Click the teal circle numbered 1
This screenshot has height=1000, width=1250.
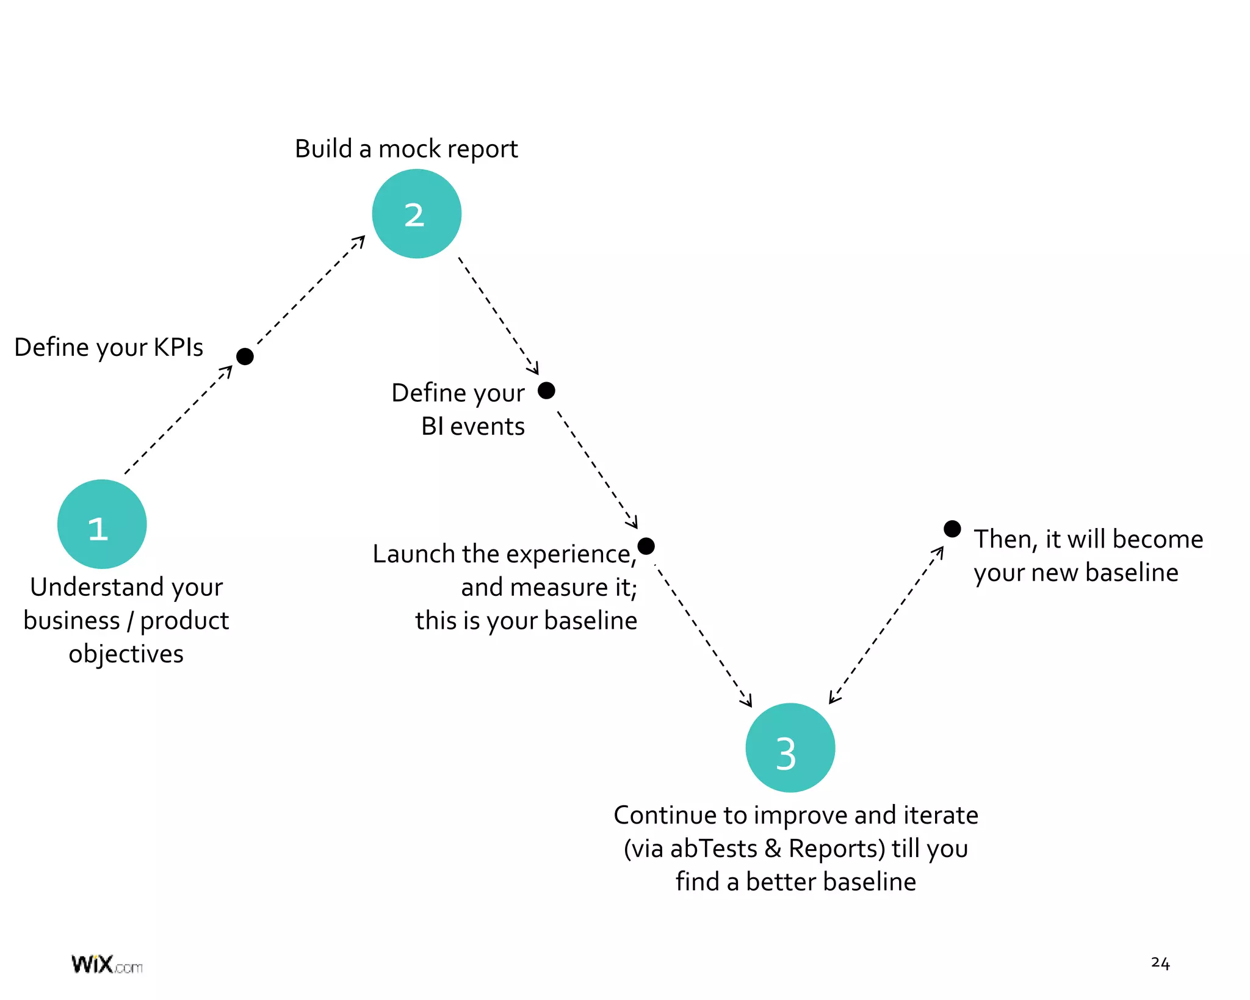[102, 524]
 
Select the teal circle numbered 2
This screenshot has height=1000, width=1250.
[416, 214]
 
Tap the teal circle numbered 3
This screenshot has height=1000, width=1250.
[790, 748]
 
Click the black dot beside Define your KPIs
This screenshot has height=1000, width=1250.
[245, 357]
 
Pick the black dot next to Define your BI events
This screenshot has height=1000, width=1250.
[546, 390]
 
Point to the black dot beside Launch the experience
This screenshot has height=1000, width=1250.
[646, 546]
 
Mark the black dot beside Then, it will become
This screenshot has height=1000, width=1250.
[952, 529]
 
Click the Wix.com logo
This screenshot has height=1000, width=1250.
[107, 965]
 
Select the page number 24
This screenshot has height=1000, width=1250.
[1160, 963]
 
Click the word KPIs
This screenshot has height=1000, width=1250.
[178, 347]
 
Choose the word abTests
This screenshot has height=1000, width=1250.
[713, 849]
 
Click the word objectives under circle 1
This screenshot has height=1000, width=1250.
[126, 654]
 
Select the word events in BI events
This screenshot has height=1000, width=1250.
[487, 427]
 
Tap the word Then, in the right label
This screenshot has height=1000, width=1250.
[1005, 540]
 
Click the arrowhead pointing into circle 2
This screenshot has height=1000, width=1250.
[360, 241]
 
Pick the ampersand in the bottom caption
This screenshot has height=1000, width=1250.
[773, 849]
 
